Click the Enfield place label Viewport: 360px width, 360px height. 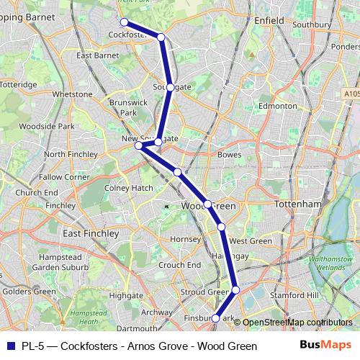click(x=269, y=21)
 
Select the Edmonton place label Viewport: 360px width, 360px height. click(x=277, y=106)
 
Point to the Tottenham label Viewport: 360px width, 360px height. click(x=297, y=204)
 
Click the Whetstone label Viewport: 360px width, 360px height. click(x=73, y=94)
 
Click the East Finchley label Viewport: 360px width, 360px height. click(x=90, y=233)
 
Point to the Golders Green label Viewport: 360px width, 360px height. click(x=29, y=292)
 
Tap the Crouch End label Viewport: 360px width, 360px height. click(x=179, y=265)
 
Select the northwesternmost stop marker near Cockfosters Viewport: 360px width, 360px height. click(x=124, y=22)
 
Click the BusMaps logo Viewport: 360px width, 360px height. click(x=325, y=346)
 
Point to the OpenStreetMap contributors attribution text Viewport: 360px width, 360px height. click(x=297, y=323)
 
